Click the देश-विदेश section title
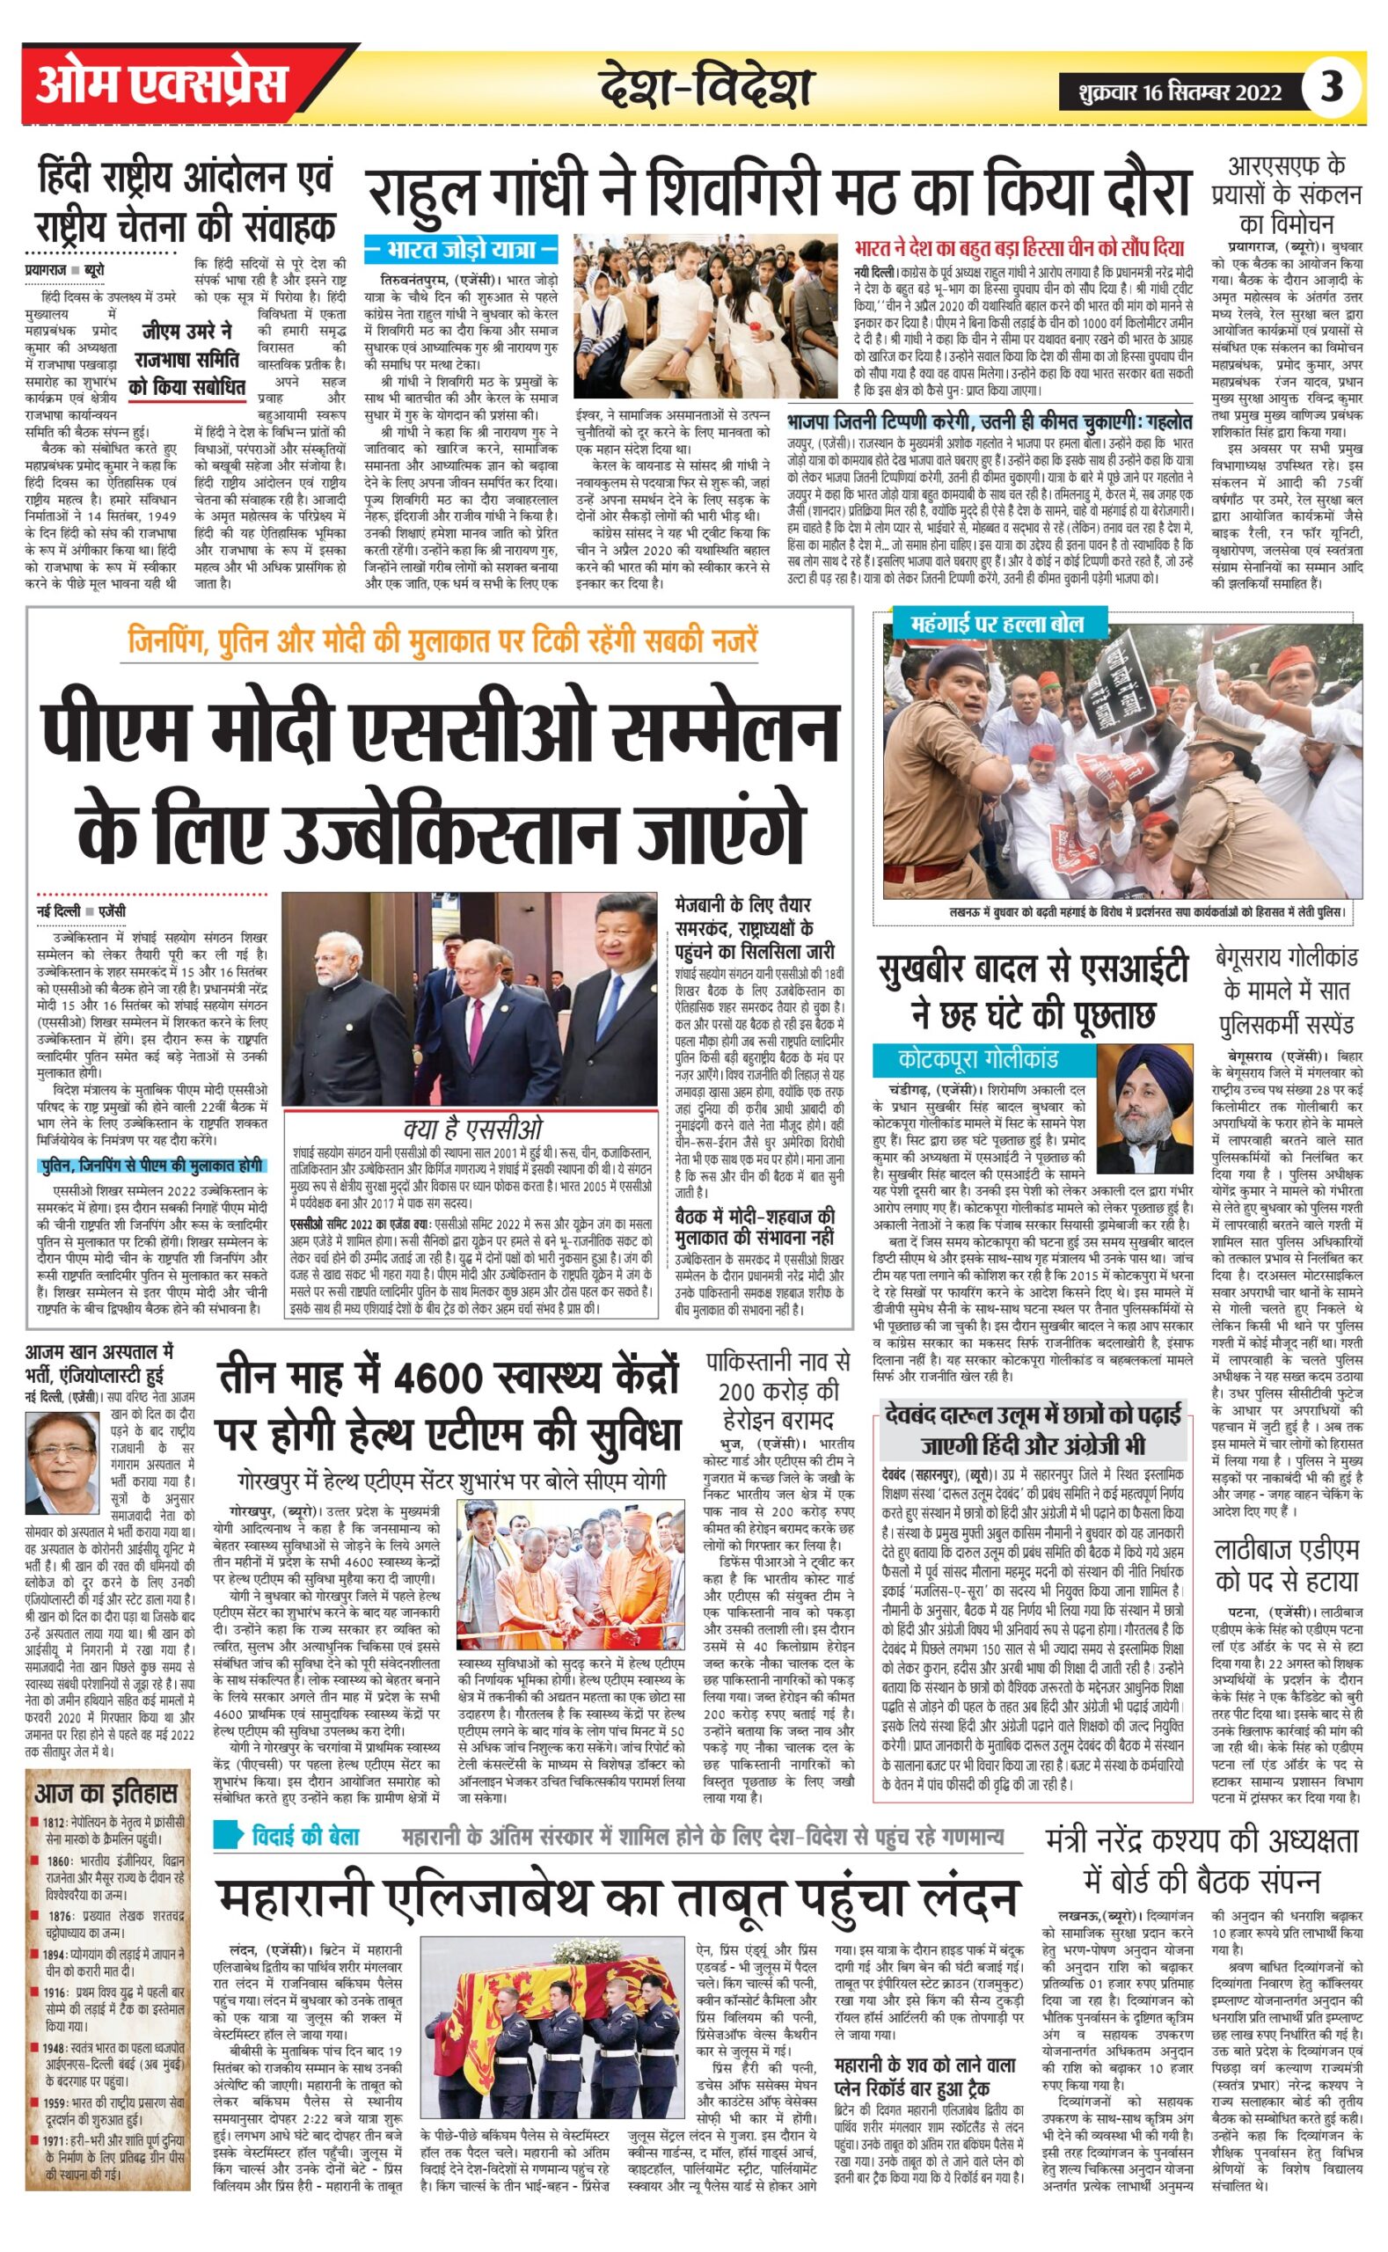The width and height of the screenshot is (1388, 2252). point(707,89)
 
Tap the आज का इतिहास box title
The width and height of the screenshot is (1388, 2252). point(106,1793)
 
